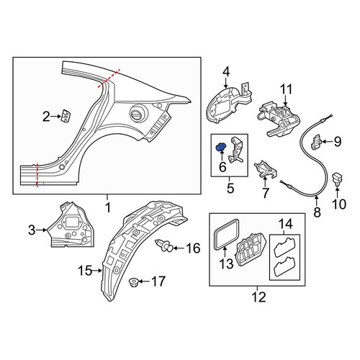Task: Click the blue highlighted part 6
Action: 221,147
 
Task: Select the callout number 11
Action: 287,89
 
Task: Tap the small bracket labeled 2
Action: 66,116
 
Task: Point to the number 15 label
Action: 85,271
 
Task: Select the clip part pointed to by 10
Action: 338,179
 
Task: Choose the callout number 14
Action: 286,224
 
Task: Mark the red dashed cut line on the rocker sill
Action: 37,175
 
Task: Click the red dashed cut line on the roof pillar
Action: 109,78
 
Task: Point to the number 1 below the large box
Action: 108,207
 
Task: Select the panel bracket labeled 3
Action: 71,225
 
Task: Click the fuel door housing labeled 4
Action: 228,103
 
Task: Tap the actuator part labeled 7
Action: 266,169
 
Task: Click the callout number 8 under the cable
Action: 318,212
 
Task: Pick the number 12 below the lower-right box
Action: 259,297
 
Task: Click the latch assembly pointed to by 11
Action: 279,120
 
